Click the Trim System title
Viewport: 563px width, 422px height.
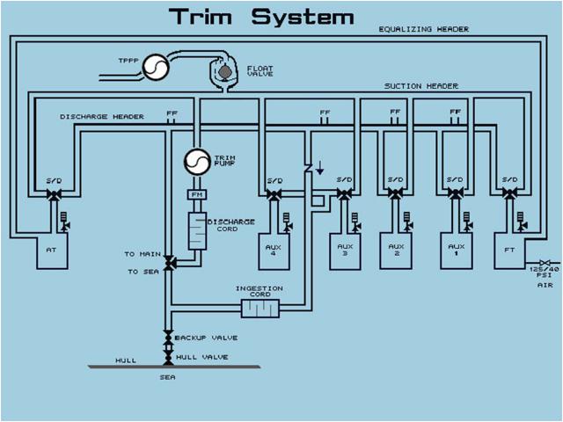coord(261,16)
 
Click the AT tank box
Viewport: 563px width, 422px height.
coord(51,250)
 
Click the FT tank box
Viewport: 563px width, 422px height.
coord(509,250)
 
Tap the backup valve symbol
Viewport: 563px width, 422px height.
coord(167,338)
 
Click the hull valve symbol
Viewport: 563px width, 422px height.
coord(167,355)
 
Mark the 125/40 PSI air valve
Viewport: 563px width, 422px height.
coord(545,263)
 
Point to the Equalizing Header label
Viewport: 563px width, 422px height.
coord(423,29)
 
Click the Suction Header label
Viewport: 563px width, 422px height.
coord(420,85)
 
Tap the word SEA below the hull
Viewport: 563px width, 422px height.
coord(166,377)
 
